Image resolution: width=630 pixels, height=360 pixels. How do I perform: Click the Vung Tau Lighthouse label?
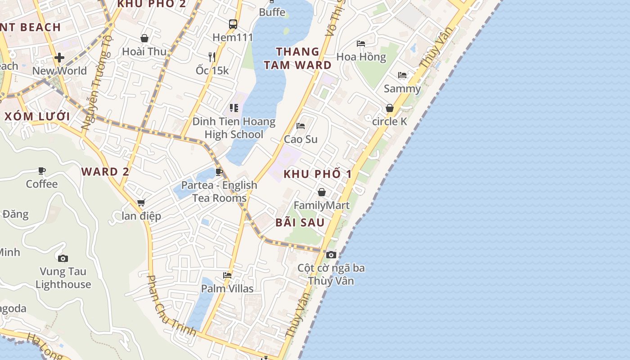pos(63,278)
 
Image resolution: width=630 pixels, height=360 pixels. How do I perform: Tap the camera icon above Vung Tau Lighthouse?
pos(63,258)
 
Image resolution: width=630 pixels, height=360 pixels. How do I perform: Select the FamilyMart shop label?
pos(322,206)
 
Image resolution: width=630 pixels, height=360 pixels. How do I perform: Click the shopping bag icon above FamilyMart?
pos(322,193)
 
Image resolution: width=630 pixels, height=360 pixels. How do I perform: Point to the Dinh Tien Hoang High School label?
pos(234,128)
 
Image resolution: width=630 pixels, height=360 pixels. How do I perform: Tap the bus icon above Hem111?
pos(233,24)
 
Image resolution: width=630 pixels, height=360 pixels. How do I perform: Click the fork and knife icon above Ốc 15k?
pos(212,57)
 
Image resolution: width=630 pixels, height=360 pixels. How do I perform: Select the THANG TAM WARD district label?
pos(297,58)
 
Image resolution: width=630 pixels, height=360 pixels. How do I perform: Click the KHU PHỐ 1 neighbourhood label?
pos(317,174)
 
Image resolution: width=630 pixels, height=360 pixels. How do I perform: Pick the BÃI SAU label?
pos(300,222)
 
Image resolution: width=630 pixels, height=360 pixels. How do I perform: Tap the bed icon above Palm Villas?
pos(227,275)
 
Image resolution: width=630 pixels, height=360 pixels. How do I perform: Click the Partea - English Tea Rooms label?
pos(220,191)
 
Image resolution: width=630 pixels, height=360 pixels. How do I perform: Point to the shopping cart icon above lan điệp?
pos(141,203)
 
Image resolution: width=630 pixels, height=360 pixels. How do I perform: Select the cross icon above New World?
pos(59,58)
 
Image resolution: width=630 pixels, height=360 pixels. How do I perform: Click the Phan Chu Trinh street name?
pos(171,306)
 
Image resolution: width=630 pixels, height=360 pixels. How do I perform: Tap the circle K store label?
pos(390,121)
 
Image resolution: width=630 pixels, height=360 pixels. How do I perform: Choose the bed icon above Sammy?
pos(402,75)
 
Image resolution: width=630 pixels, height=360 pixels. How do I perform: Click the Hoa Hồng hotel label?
pos(361,57)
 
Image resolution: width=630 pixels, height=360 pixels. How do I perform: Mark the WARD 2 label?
pos(105,171)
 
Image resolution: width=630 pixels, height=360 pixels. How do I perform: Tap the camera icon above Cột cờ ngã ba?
pos(331,255)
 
